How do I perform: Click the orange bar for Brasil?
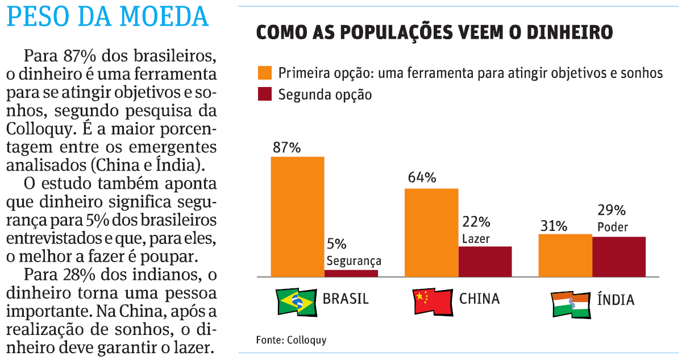pos(297,217)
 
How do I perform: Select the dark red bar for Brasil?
pos(351,273)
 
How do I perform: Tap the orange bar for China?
pos(431,233)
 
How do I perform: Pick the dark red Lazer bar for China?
pos(485,262)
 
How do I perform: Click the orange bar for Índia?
pos(565,255)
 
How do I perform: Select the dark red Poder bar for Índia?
pos(619,256)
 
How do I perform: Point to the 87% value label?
pos(286,147)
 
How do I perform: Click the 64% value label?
pos(421,177)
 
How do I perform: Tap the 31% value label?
pos(554,226)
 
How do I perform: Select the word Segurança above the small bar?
pos(354,261)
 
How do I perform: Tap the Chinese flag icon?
pos(432,301)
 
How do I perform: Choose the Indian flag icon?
pos(571,304)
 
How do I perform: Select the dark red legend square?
pos(265,94)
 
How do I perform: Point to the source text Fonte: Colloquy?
pos(291,340)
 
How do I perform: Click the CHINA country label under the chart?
pos(479,299)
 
